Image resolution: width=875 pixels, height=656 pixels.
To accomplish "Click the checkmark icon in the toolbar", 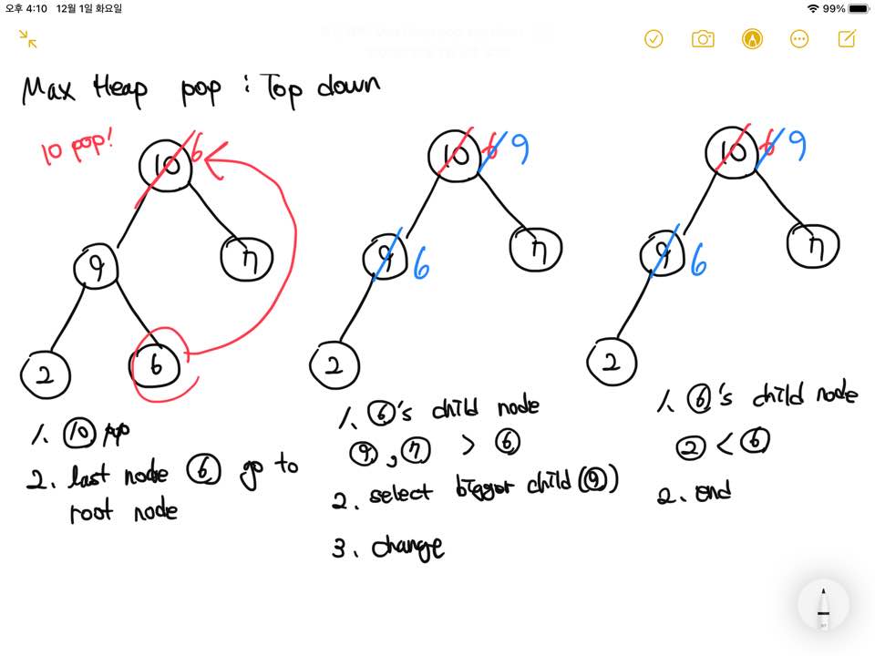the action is (654, 38).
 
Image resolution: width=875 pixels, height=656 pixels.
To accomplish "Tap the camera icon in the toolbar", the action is (702, 38).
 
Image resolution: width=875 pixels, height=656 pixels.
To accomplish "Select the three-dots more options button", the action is (799, 38).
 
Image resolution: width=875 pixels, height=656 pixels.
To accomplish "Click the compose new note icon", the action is (847, 38).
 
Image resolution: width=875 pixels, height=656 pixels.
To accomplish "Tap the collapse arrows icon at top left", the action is (28, 38).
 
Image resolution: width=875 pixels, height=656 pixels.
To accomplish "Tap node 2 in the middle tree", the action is (335, 365).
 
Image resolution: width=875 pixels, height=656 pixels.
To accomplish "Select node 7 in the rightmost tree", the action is (812, 244).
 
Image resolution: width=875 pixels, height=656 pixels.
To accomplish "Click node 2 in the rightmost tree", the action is (613, 362).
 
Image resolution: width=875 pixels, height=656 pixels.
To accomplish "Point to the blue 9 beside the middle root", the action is (520, 149).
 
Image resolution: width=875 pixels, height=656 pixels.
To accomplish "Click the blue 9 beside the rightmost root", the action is (796, 143).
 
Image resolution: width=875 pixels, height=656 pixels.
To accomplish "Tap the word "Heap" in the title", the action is (118, 90).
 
